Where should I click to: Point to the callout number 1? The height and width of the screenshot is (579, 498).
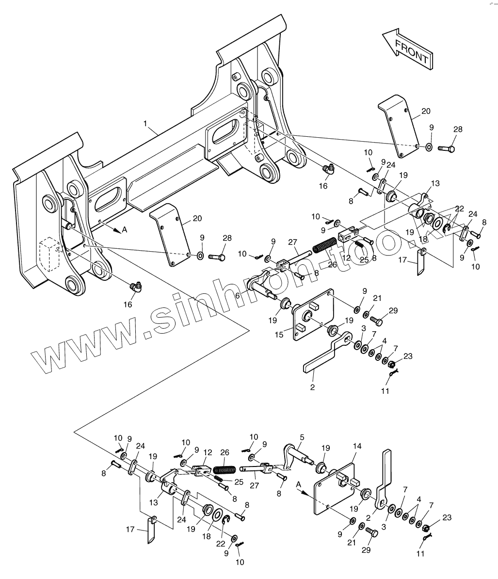click(x=145, y=124)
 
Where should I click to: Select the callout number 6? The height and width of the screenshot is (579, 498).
click(x=238, y=295)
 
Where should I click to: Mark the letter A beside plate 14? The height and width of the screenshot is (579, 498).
click(x=298, y=483)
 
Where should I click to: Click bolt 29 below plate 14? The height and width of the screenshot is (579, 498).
click(x=372, y=533)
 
